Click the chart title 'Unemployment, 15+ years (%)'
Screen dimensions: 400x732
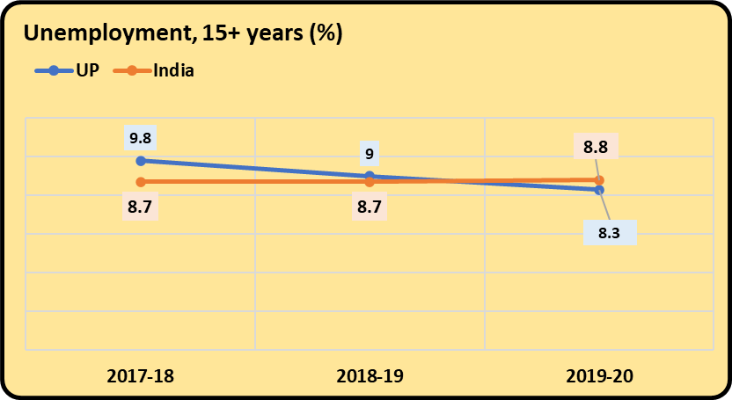183,34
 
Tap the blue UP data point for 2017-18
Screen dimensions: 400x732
141,161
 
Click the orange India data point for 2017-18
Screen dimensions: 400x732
141,182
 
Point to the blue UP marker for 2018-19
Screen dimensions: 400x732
370,176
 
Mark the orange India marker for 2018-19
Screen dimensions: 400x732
370,182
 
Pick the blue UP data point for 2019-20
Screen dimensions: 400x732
599,190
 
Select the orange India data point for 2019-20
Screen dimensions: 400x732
599,180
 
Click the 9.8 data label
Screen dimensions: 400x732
141,138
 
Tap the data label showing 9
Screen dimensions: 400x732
370,154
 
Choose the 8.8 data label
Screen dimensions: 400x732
595,147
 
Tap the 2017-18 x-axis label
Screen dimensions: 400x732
141,376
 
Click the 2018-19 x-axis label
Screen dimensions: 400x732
370,376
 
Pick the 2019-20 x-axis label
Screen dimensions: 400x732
599,376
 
